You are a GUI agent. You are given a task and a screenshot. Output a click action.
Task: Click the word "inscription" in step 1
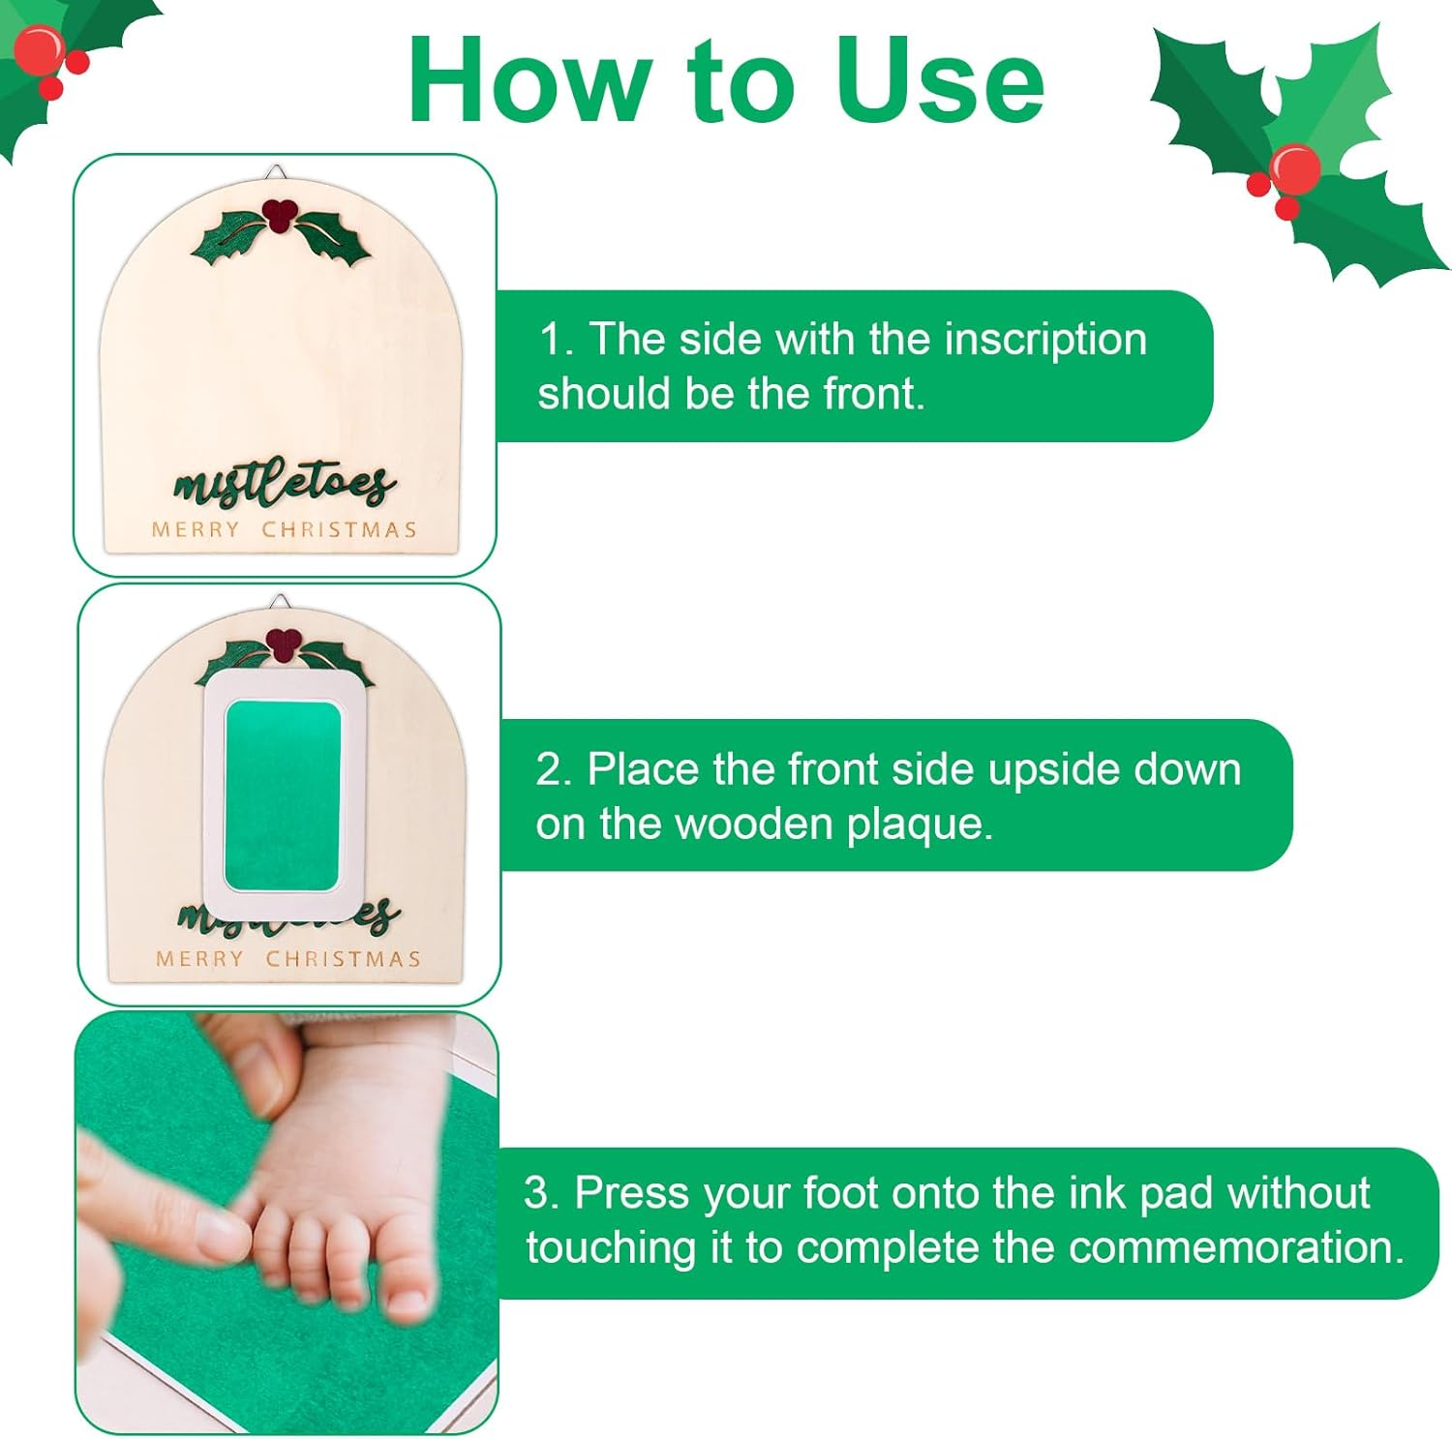pyautogui.click(x=1045, y=340)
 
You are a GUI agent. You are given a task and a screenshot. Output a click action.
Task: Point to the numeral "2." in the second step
pyautogui.click(x=555, y=769)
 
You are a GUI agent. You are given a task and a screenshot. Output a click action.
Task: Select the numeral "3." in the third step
pyautogui.click(x=542, y=1193)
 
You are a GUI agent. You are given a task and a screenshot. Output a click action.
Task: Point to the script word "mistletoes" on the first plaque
pyautogui.click(x=284, y=483)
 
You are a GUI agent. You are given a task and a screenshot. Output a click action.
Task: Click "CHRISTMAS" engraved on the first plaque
pyautogui.click(x=339, y=530)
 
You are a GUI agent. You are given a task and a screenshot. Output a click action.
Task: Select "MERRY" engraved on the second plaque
pyautogui.click(x=199, y=959)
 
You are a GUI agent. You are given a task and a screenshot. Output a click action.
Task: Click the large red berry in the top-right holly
pyautogui.click(x=1294, y=168)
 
